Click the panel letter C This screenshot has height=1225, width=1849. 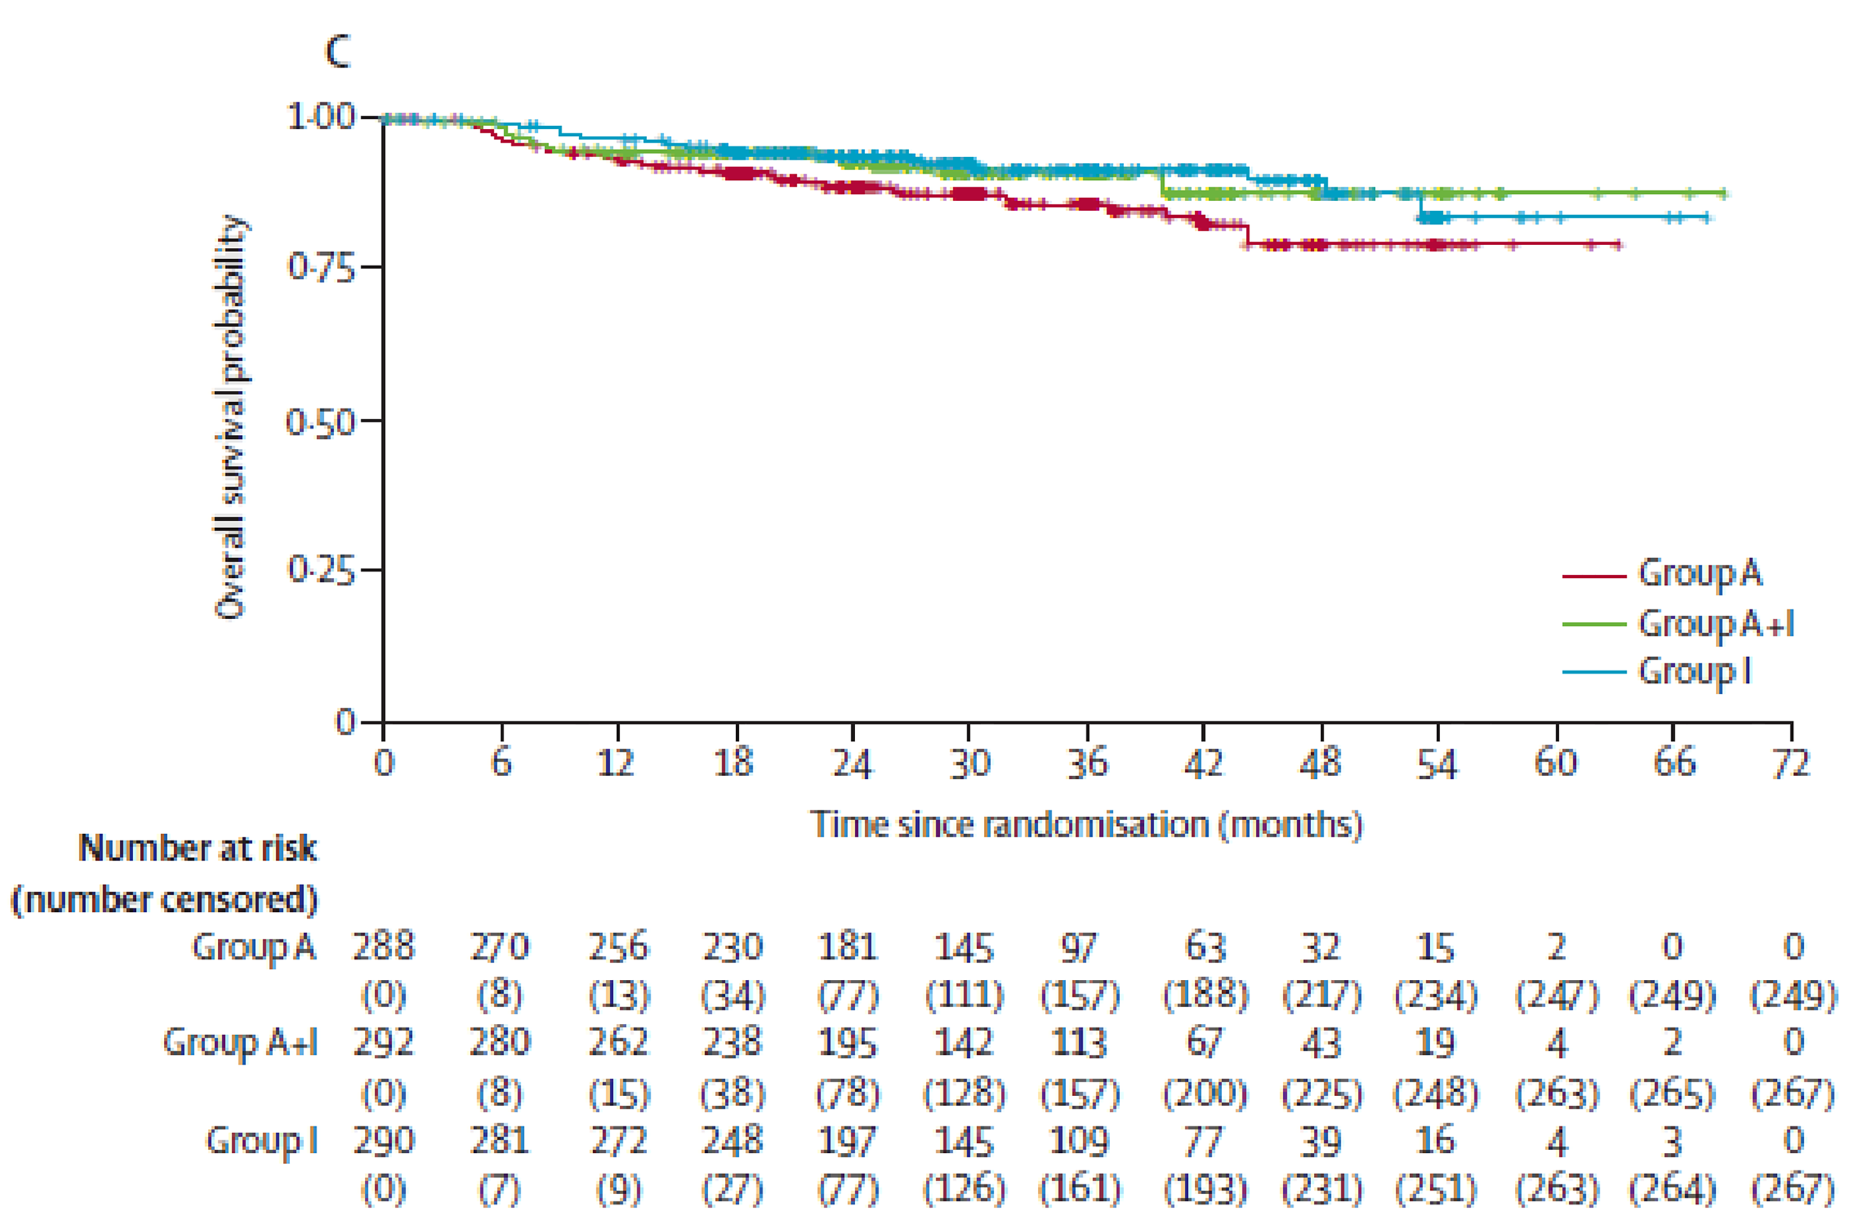coord(338,53)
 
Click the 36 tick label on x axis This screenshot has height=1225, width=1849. coord(1086,763)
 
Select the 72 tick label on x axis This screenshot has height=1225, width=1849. coord(1790,763)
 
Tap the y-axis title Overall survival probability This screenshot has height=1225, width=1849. coord(230,418)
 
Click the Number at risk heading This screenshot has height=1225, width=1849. coord(198,848)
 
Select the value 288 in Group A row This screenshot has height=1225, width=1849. coord(384,947)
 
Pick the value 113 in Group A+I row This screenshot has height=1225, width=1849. coord(1079,1043)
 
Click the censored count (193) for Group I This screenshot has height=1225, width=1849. coord(1204,1189)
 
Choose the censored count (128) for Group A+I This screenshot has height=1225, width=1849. coord(964,1092)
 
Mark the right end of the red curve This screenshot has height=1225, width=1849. coord(1619,245)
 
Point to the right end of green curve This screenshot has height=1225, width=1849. coord(1724,193)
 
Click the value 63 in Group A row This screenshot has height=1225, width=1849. coord(1204,947)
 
